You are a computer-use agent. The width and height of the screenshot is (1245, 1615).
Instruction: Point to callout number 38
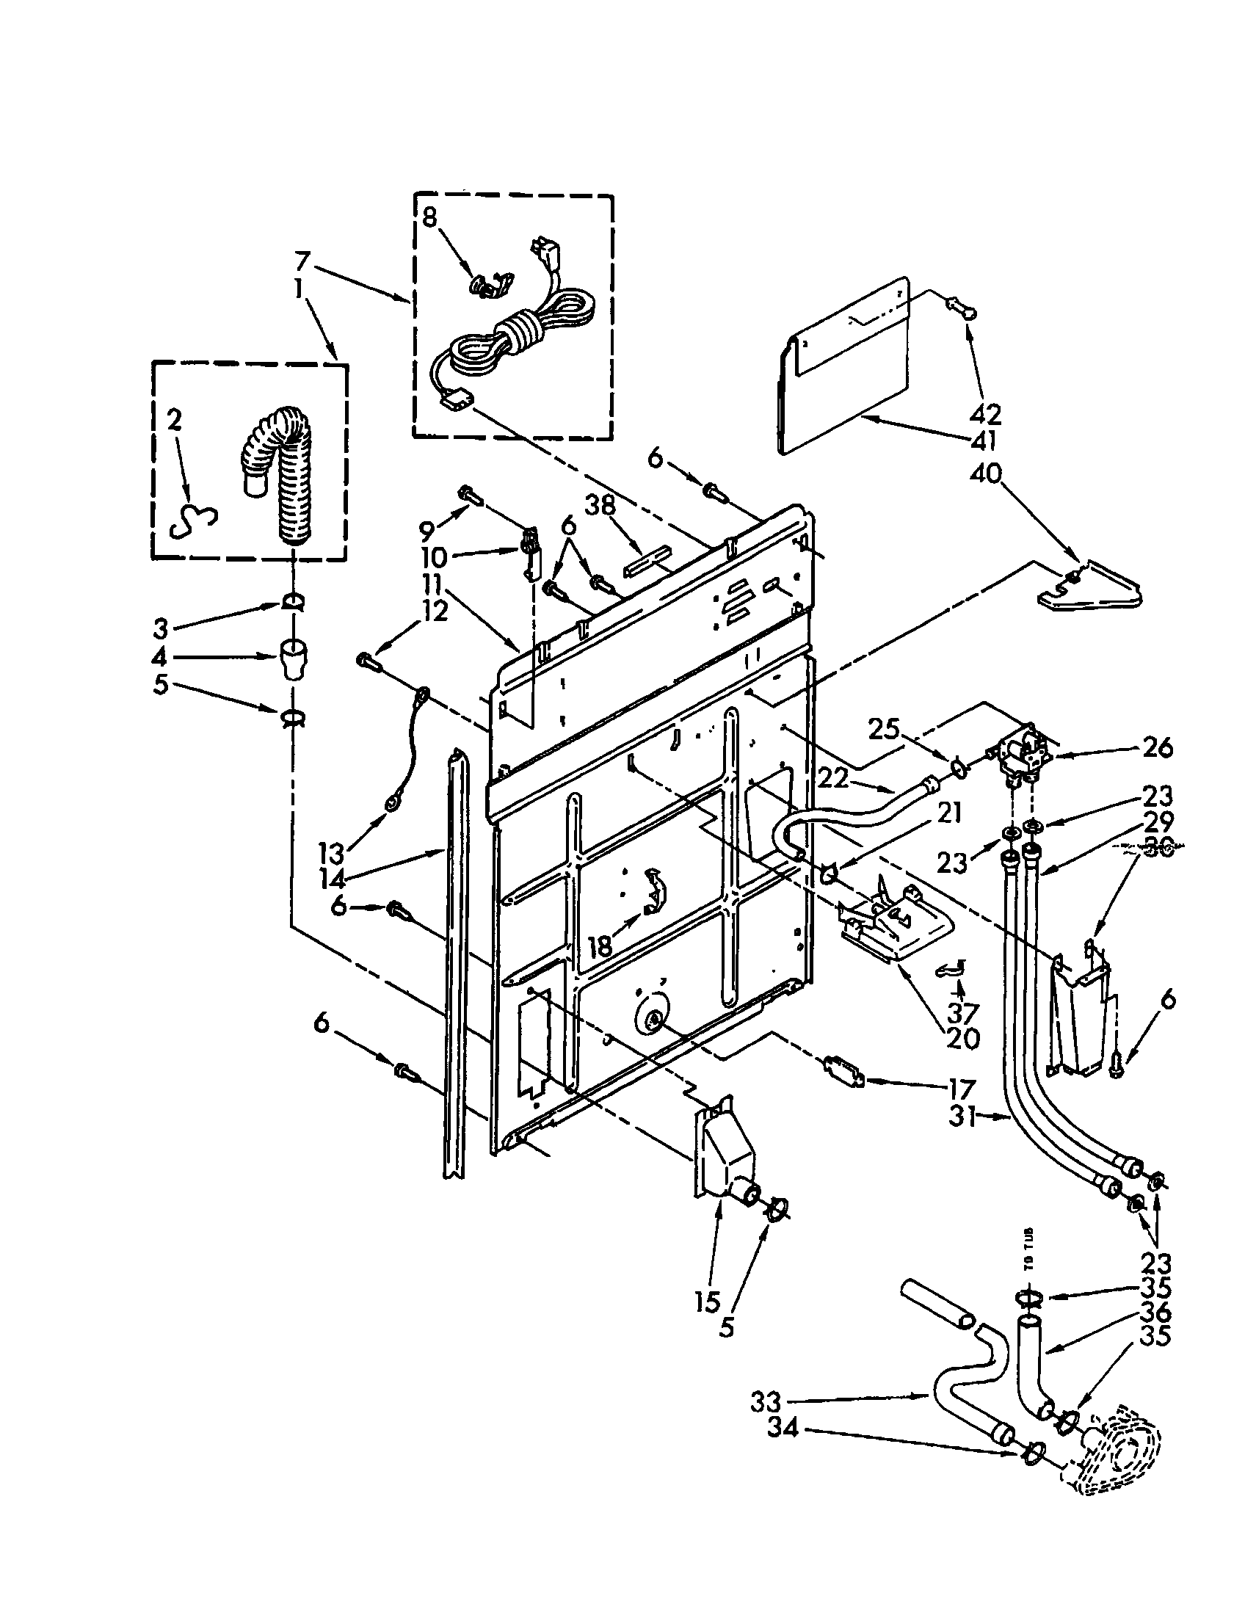(600, 507)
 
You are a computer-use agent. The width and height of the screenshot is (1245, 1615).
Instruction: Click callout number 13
(333, 852)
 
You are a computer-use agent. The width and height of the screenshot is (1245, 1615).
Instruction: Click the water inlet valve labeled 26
(1017, 754)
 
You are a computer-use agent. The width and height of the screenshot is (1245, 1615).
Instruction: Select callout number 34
(783, 1429)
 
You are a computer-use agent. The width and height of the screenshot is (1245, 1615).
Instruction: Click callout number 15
(708, 1303)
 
